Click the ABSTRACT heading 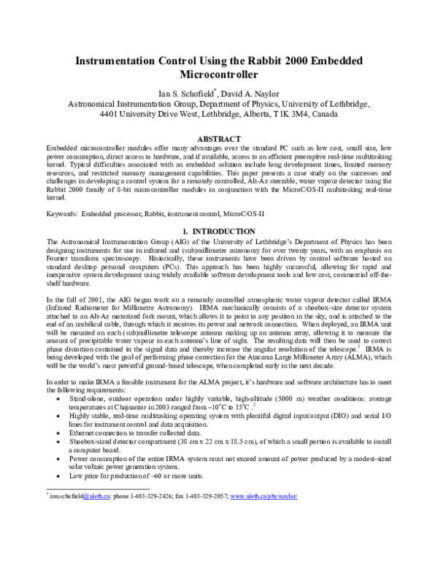point(219,139)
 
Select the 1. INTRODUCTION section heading point(218,232)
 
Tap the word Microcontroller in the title point(218,75)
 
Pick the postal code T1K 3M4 point(280,115)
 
